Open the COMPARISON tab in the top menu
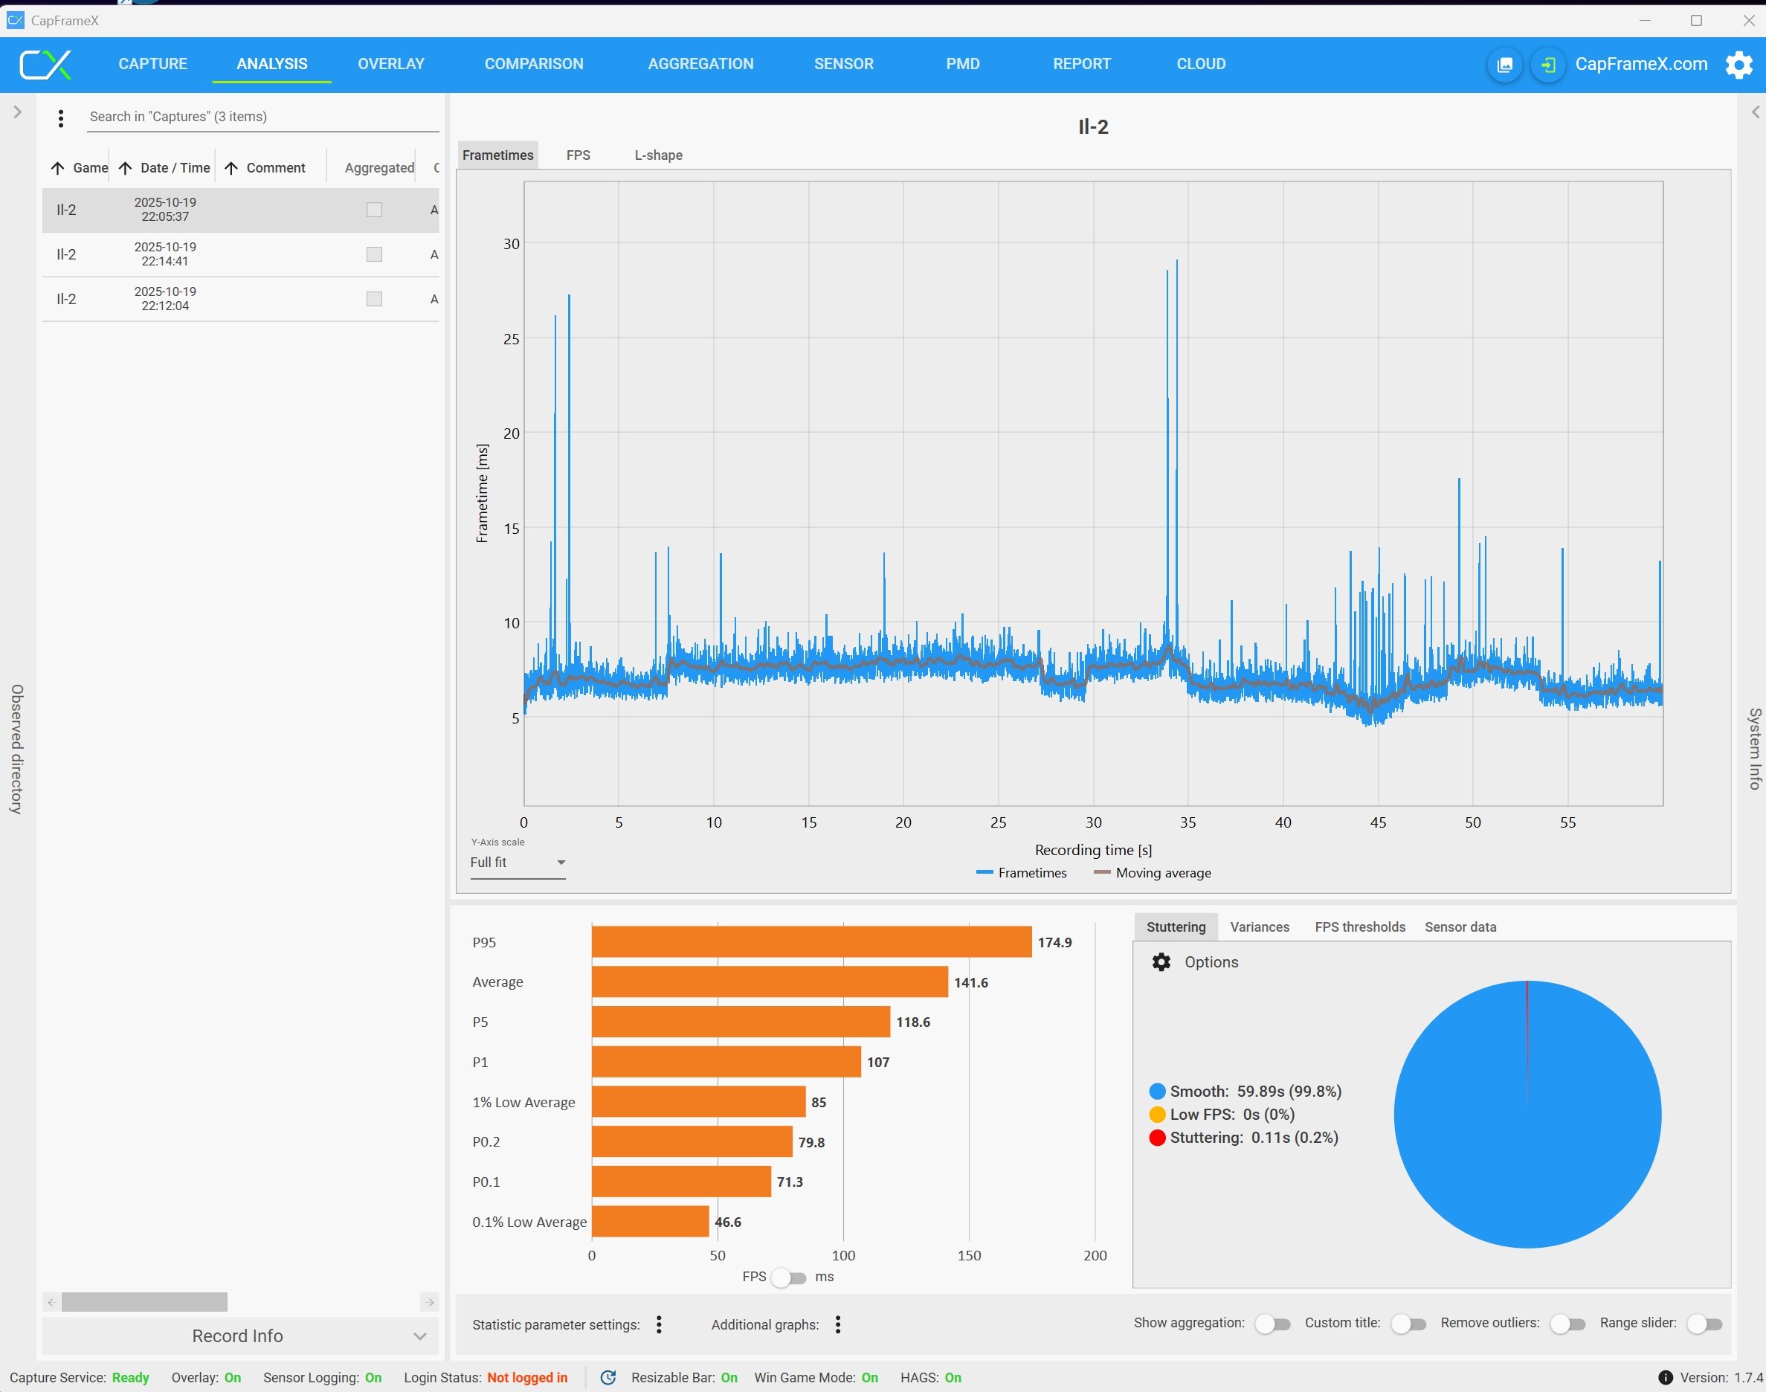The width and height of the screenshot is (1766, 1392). pyautogui.click(x=534, y=63)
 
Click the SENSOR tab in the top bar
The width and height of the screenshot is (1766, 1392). pyautogui.click(x=843, y=63)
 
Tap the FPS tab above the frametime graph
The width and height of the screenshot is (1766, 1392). pyautogui.click(x=578, y=155)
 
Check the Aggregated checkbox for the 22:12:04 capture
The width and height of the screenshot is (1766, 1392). pyautogui.click(x=374, y=299)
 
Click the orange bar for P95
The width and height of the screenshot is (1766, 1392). pyautogui.click(x=811, y=942)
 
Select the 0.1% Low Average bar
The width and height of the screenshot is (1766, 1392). pyautogui.click(x=650, y=1222)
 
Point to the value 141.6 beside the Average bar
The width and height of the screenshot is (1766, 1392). pyautogui.click(x=970, y=983)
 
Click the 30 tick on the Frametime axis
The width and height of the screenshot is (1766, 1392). pyautogui.click(x=511, y=244)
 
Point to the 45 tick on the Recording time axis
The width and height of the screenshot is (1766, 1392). pyautogui.click(x=1378, y=822)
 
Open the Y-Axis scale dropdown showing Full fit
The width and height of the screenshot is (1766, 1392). pyautogui.click(x=518, y=863)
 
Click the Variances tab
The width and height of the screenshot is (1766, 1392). pyautogui.click(x=1259, y=927)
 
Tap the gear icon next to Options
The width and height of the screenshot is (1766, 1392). pyautogui.click(x=1161, y=962)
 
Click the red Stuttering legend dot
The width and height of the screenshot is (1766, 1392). pyautogui.click(x=1156, y=1138)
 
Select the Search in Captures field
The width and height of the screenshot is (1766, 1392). pyautogui.click(x=262, y=117)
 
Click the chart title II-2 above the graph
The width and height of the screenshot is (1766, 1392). pyautogui.click(x=1093, y=126)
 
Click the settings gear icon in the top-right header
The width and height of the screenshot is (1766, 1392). pyautogui.click(x=1738, y=65)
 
